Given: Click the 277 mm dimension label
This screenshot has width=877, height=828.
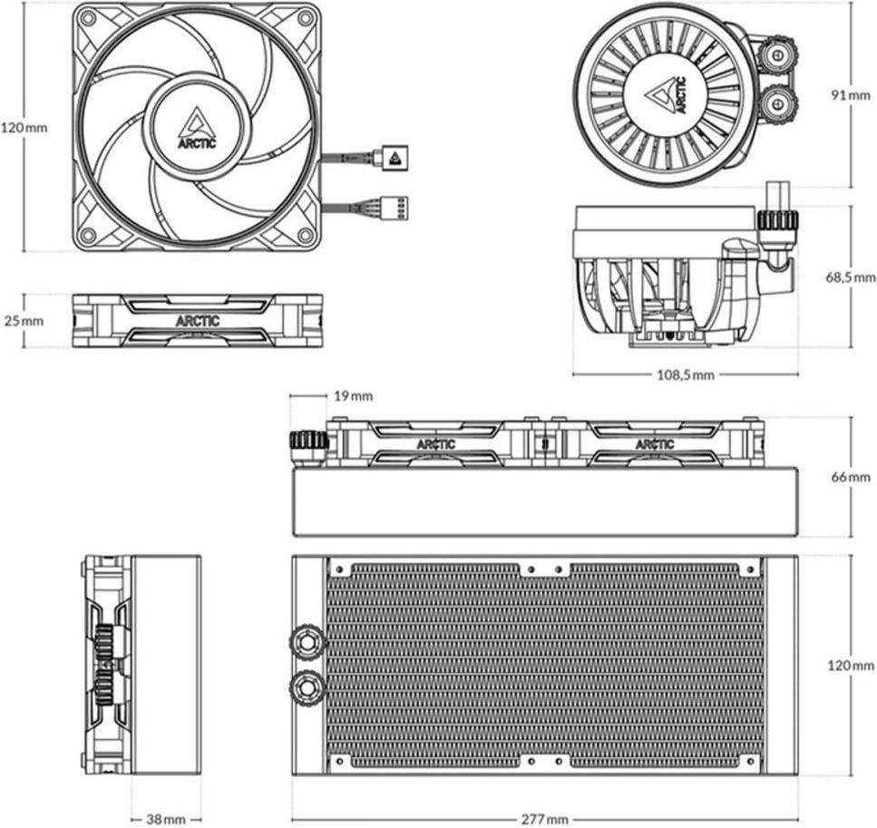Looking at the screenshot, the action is (x=545, y=820).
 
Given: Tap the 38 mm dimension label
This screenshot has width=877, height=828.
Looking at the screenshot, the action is (x=166, y=820).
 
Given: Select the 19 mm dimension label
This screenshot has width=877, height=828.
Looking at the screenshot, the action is (x=353, y=396).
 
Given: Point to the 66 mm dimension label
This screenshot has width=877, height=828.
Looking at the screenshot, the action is (x=851, y=477).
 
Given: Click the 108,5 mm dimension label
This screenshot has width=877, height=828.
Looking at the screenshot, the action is (x=685, y=375).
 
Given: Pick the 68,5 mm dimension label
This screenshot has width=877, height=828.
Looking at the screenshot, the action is (x=851, y=277).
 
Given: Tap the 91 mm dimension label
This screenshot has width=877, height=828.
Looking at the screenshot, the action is (x=851, y=94).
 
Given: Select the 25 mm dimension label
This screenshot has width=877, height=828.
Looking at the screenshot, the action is (x=24, y=321).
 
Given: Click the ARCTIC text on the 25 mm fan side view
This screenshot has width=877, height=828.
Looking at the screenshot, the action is (x=198, y=321).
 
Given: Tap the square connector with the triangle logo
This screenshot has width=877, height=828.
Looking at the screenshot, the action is (x=395, y=157).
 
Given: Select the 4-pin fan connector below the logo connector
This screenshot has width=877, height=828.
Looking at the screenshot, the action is (x=395, y=208).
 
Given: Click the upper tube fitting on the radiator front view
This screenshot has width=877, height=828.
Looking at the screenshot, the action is (x=307, y=638).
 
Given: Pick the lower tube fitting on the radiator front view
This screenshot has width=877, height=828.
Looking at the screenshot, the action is (x=307, y=686).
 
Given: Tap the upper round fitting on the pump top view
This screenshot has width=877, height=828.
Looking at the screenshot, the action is (x=778, y=54).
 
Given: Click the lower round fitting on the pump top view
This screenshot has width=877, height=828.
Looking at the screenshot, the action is (x=778, y=103).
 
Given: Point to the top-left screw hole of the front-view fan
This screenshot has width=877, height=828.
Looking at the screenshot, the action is (x=87, y=17).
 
